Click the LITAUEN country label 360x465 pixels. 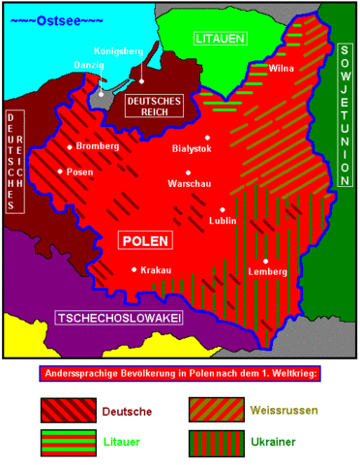pos(217,38)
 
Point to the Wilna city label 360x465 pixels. pos(282,69)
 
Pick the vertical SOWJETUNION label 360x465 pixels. pos(344,113)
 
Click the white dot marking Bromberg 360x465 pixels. pos(70,146)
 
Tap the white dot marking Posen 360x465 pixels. pos(60,171)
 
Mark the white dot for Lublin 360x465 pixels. pos(223,208)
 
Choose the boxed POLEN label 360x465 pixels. pos(143,239)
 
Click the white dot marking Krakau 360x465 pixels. pos(135,268)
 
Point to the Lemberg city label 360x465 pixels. pos(269,272)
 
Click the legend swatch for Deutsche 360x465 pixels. pos(67,411)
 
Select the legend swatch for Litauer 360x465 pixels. pos(67,443)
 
